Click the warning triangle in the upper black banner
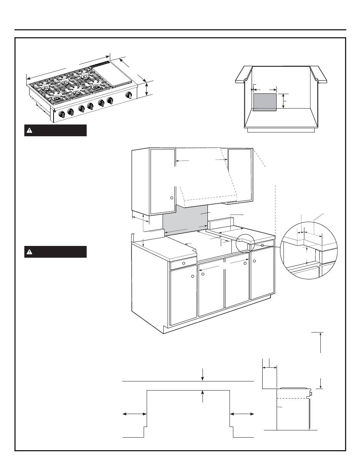pos(29,131)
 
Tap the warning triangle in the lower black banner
pos(29,252)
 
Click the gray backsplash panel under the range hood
pos(185,221)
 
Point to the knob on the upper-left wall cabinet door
pos(171,198)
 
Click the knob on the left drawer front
pos(184,263)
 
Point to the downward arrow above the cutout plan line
pos(203,374)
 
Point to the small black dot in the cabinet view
pos(252,90)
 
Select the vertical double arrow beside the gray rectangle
pos(283,101)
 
